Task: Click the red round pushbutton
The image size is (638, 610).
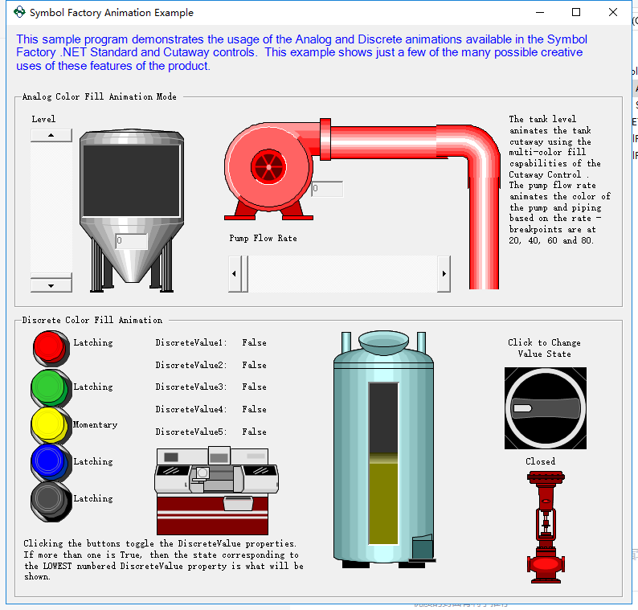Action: pyautogui.click(x=49, y=346)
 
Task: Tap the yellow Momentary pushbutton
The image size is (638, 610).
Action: pyautogui.click(x=48, y=424)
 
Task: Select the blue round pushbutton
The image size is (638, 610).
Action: pyautogui.click(x=48, y=461)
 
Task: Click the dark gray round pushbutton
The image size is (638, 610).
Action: pyautogui.click(x=48, y=499)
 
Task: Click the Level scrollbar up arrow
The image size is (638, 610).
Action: pyautogui.click(x=51, y=136)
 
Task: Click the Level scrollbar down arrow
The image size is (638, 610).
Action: pyautogui.click(x=51, y=285)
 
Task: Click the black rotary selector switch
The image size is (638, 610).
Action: pyautogui.click(x=546, y=408)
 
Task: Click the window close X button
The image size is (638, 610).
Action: pyautogui.click(x=613, y=13)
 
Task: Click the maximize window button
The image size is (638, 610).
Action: pyautogui.click(x=576, y=13)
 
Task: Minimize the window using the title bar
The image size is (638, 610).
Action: pyautogui.click(x=539, y=13)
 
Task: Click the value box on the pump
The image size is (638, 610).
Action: pyautogui.click(x=327, y=190)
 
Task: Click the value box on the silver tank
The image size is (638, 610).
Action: pyautogui.click(x=131, y=241)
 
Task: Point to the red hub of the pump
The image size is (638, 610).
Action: pyautogui.click(x=268, y=167)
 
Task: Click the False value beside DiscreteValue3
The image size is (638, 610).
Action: pyautogui.click(x=254, y=387)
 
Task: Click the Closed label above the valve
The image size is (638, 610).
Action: pyautogui.click(x=540, y=462)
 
